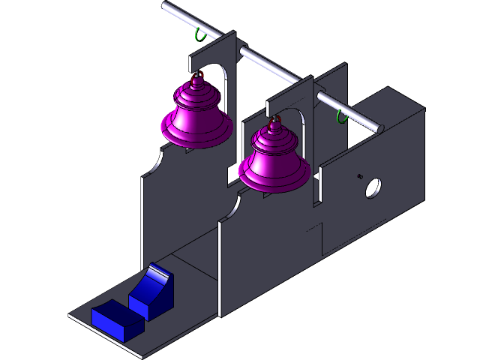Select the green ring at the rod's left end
(199, 34)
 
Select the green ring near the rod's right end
(341, 115)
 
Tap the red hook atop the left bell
(198, 76)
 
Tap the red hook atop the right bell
(276, 119)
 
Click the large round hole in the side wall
(373, 187)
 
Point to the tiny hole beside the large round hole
(359, 176)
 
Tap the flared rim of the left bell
(196, 139)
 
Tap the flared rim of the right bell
(274, 181)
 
